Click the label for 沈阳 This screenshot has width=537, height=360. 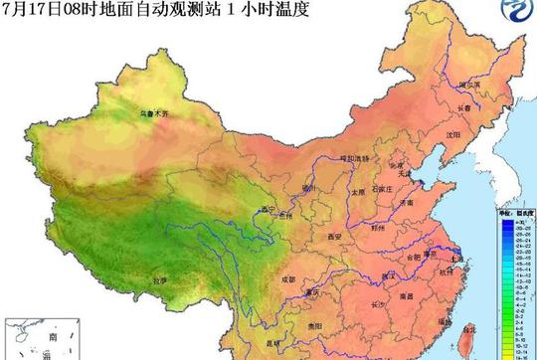click(x=453, y=134)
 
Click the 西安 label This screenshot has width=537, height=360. click(x=334, y=237)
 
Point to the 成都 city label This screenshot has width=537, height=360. click(x=261, y=281)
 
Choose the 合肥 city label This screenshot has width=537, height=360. click(x=410, y=258)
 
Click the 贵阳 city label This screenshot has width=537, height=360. click(x=316, y=325)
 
